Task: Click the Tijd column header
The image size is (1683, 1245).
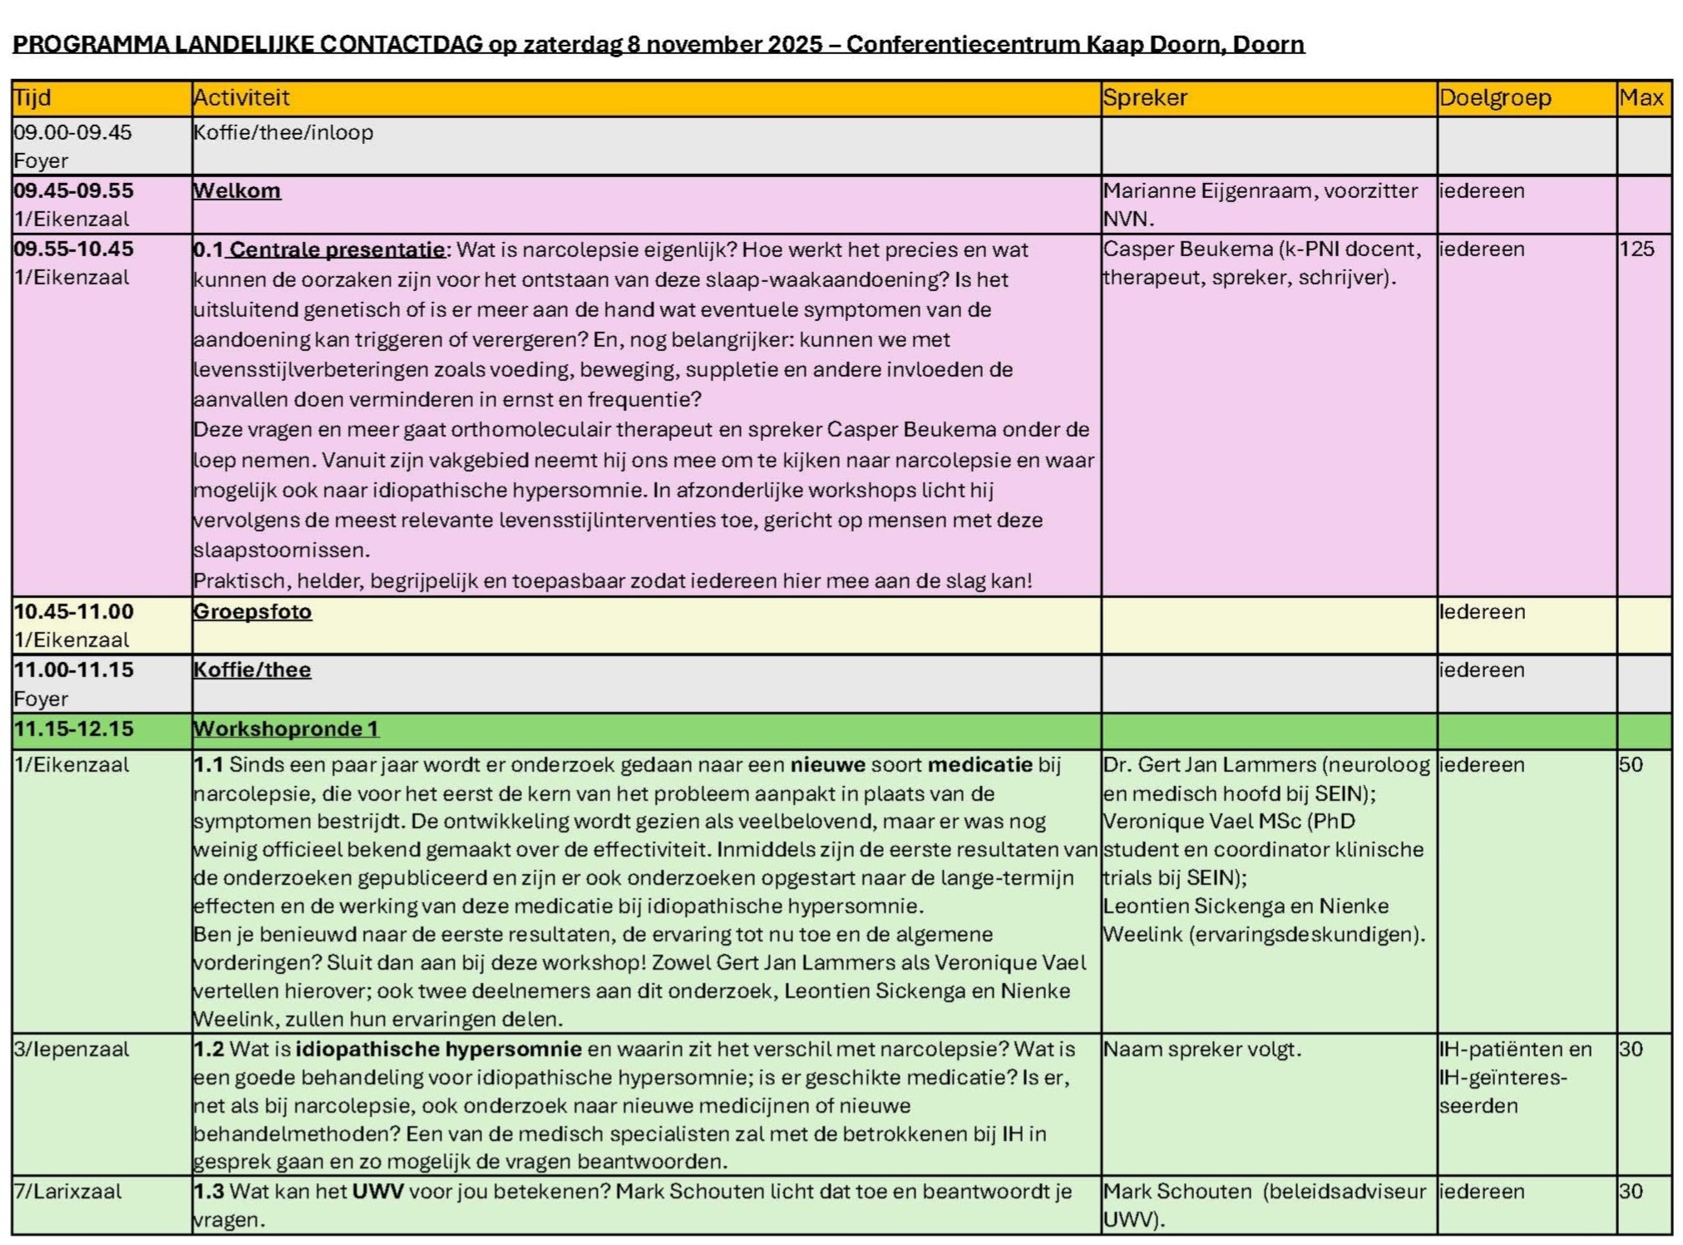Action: (x=32, y=98)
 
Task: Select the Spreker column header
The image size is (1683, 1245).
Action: (x=1145, y=98)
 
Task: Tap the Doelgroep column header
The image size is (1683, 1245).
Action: (x=1495, y=98)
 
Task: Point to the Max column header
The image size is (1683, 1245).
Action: (x=1641, y=98)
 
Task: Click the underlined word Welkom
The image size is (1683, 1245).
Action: (x=237, y=191)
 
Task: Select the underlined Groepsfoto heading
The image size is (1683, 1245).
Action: (x=252, y=612)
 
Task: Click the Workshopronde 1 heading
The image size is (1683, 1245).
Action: (x=285, y=729)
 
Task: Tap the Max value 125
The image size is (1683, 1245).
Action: (x=1636, y=249)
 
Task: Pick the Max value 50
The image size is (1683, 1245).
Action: (x=1631, y=765)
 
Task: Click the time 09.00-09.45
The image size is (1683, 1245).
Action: (x=72, y=133)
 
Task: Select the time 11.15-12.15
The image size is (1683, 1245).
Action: (x=73, y=729)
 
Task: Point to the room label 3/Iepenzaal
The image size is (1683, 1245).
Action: (x=72, y=1050)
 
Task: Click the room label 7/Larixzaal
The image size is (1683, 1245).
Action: (x=67, y=1192)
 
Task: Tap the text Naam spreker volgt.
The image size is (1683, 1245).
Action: (x=1202, y=1050)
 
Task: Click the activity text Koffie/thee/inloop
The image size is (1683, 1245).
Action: (x=283, y=133)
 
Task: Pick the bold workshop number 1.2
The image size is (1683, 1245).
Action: (x=209, y=1050)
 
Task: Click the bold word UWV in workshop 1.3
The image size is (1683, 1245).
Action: (x=378, y=1192)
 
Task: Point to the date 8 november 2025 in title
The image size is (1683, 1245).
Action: (x=725, y=44)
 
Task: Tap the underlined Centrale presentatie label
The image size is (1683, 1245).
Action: (x=337, y=249)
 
